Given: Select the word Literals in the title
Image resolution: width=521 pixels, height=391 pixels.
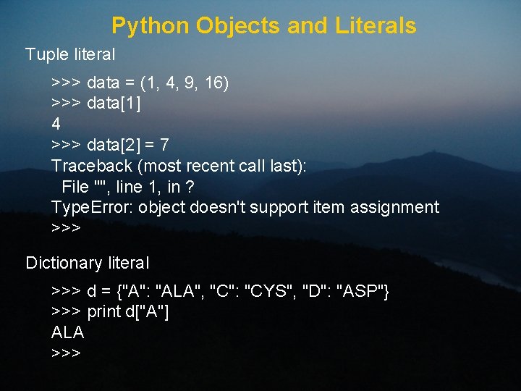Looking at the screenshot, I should pyautogui.click(x=376, y=26).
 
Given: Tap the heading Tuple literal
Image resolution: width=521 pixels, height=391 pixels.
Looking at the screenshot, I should pyautogui.click(x=70, y=54).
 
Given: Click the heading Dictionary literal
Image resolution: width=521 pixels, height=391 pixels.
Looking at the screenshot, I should pyautogui.click(x=88, y=263).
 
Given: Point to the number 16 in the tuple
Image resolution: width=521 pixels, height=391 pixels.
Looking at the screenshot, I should pyautogui.click(x=214, y=83).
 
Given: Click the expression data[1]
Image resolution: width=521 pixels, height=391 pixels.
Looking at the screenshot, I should pyautogui.click(x=114, y=104).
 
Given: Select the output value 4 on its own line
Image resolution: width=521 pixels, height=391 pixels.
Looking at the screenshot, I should pyautogui.click(x=56, y=124).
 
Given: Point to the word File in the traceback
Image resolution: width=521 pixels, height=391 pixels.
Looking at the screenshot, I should pyautogui.click(x=75, y=187).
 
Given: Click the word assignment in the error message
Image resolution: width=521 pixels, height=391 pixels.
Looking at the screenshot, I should pyautogui.click(x=394, y=207).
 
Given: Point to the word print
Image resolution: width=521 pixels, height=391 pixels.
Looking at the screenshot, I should pyautogui.click(x=103, y=312).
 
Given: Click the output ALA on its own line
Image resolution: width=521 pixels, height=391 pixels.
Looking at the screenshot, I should pyautogui.click(x=68, y=333).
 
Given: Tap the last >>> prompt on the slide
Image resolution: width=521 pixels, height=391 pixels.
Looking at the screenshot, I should pyautogui.click(x=66, y=353).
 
